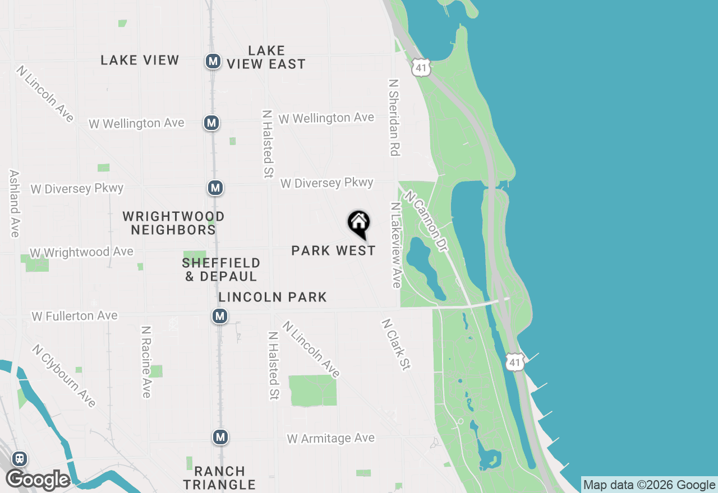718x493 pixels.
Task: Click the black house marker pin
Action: (358, 224)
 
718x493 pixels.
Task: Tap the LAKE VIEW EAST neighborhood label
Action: (266, 57)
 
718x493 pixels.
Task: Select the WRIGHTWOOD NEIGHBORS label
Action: (173, 222)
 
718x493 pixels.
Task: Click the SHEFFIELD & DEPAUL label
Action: (221, 269)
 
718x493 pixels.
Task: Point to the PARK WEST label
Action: (333, 250)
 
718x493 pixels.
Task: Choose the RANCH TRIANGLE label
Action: (219, 478)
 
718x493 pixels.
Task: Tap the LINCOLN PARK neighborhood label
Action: (273, 297)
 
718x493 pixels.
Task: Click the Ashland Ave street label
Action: (15, 203)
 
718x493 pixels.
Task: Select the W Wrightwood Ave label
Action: (82, 253)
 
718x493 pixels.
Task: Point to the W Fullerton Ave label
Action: (75, 316)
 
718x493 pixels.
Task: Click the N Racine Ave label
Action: (146, 362)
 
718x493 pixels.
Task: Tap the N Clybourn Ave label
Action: (64, 376)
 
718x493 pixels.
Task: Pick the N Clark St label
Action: (396, 345)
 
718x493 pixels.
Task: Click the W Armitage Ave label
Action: (331, 438)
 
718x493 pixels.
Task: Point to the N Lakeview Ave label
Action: (397, 245)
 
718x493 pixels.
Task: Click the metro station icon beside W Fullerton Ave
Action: (220, 317)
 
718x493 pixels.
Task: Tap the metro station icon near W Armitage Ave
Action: (220, 437)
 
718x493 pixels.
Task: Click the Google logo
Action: (38, 480)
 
